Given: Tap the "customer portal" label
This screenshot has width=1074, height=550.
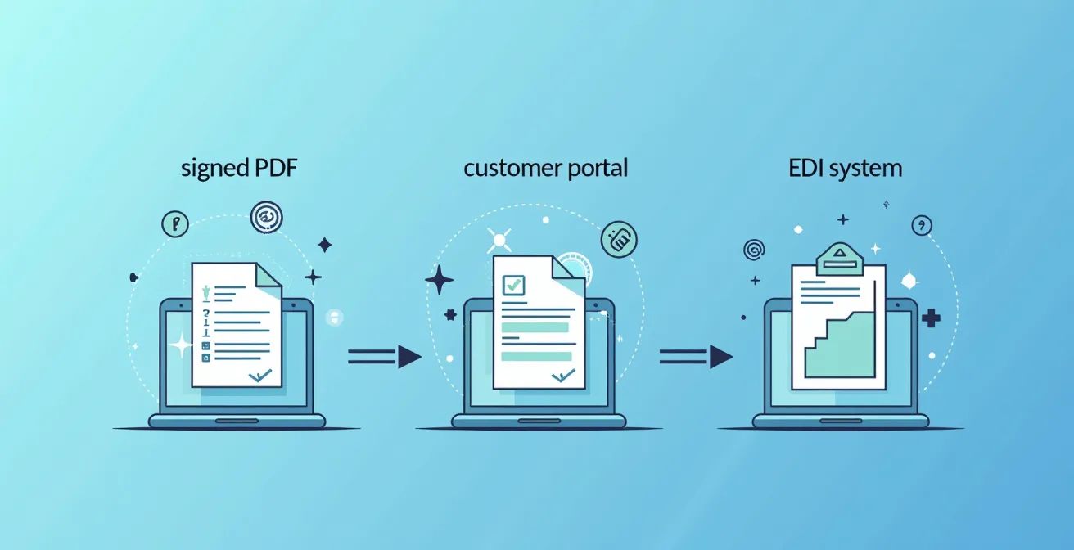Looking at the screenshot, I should tap(545, 169).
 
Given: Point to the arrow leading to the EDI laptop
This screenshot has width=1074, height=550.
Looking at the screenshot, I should tap(696, 356).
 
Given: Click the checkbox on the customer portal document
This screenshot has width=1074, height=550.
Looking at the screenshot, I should tap(513, 285).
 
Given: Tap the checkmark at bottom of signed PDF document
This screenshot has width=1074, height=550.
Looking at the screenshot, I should tap(259, 376).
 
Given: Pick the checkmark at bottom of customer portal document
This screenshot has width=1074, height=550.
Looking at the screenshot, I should tap(563, 376).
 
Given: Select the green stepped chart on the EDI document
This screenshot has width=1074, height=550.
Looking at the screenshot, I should tap(839, 344).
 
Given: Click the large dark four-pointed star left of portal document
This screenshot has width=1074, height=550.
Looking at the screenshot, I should tap(439, 280).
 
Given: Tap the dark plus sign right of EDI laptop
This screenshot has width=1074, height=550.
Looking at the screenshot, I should tap(931, 318).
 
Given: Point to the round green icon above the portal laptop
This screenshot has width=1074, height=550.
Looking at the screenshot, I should tap(619, 238).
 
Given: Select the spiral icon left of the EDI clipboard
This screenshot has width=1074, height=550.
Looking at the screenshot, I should tap(754, 250).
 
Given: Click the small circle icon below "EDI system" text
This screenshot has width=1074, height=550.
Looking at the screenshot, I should tap(922, 225).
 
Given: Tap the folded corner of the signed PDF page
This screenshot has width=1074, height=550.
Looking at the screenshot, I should tap(268, 276).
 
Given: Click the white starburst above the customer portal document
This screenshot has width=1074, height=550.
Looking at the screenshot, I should tap(499, 240).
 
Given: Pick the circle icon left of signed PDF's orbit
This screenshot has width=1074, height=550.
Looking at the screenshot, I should tap(175, 223).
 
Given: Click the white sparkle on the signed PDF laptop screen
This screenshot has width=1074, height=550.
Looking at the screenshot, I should tap(179, 345).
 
